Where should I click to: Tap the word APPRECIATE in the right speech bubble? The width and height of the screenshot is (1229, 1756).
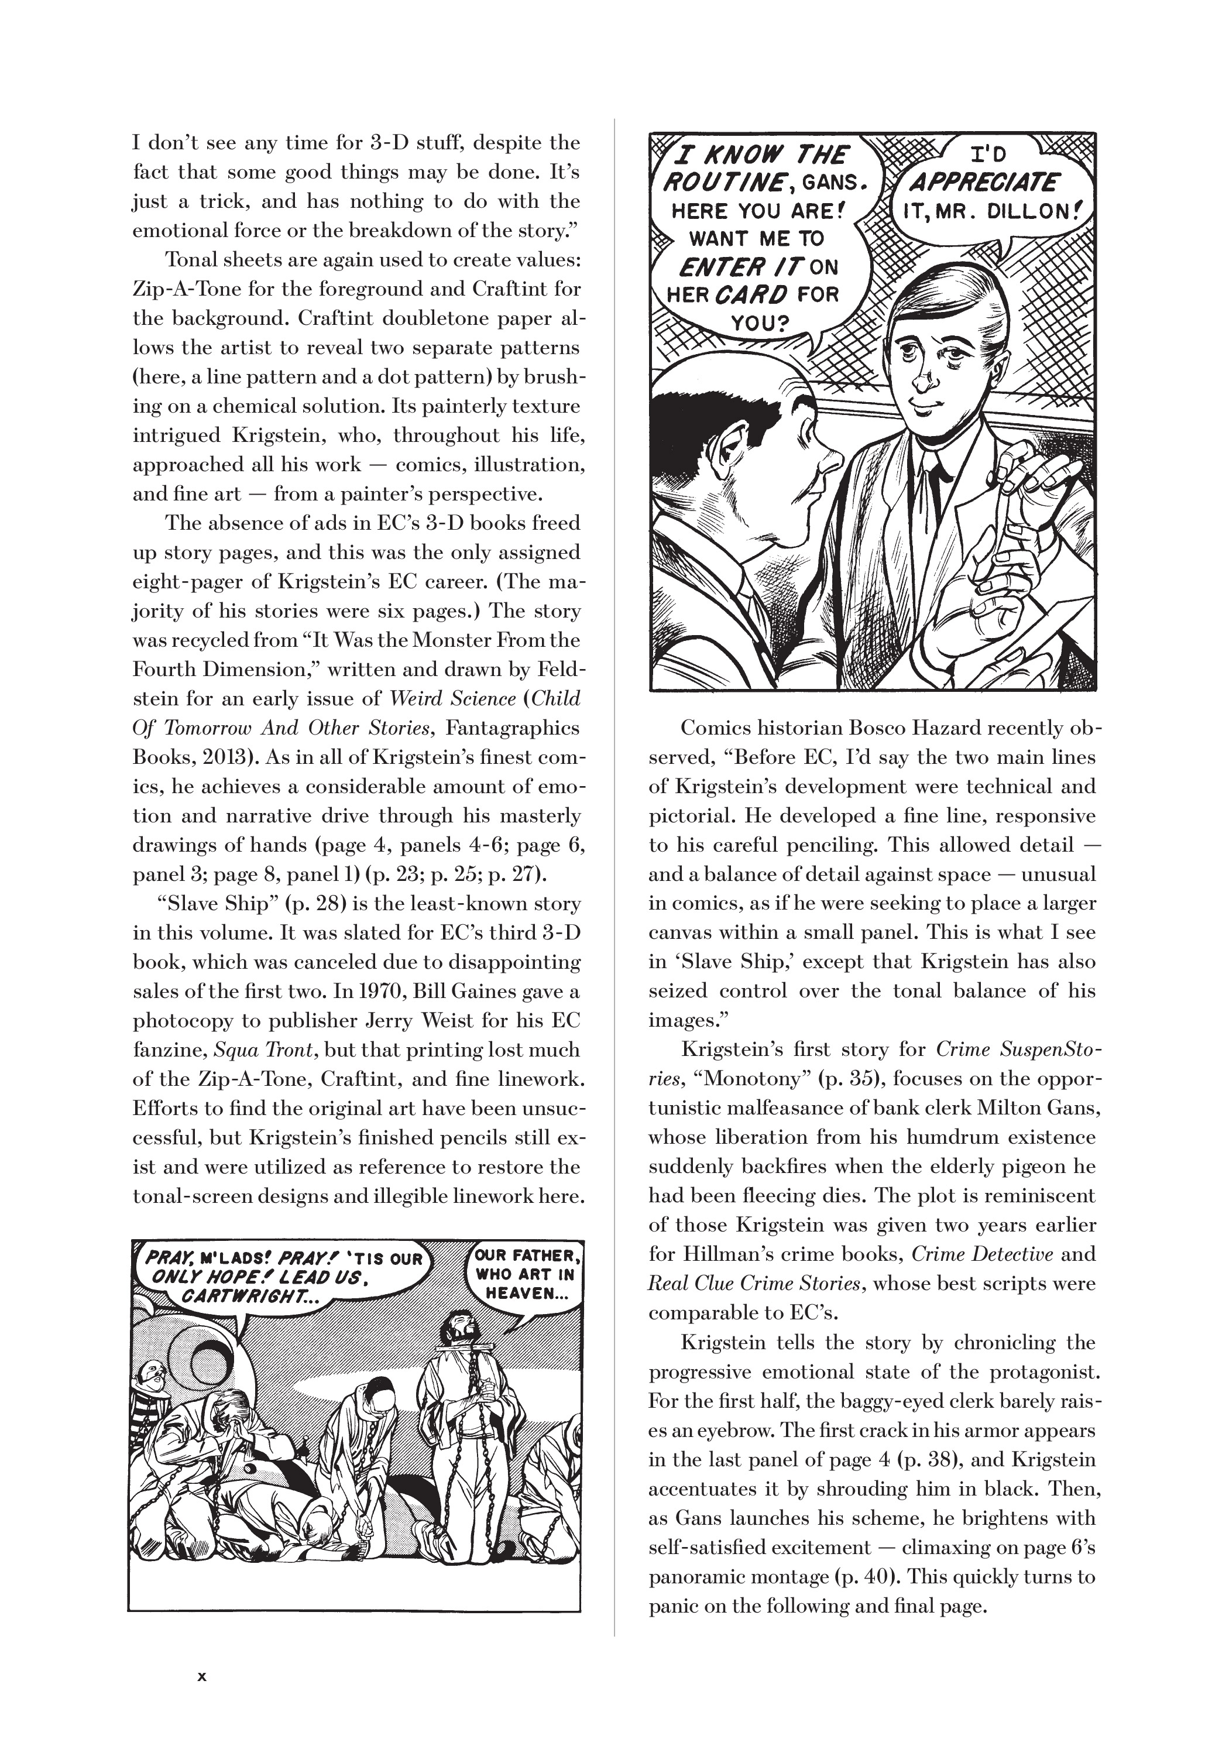click(x=983, y=184)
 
